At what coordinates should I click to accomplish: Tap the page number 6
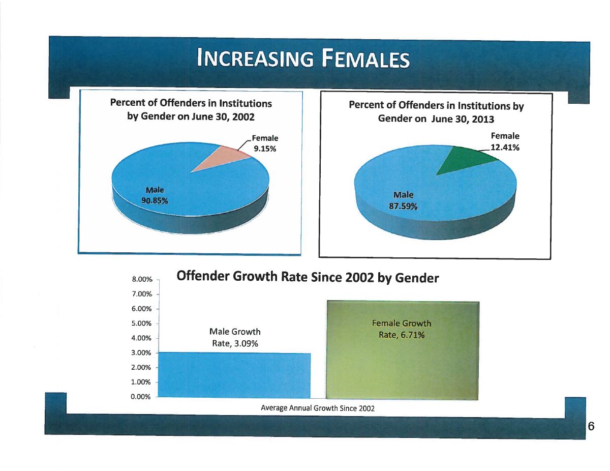click(x=591, y=426)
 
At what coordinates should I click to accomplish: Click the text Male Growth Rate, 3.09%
click(x=235, y=338)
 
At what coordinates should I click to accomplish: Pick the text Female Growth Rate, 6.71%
click(x=402, y=329)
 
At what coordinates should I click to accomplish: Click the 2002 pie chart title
click(x=191, y=110)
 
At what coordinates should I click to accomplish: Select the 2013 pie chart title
click(x=436, y=112)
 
